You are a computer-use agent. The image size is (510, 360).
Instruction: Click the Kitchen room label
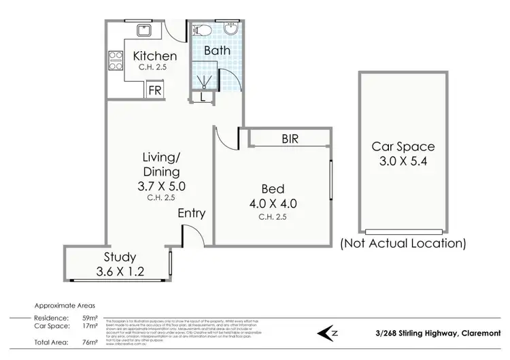point(154,56)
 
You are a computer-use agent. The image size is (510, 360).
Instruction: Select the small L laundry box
point(204,98)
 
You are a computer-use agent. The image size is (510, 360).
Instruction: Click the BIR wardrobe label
point(291,138)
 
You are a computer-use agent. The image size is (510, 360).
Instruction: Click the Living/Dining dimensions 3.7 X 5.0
point(163,184)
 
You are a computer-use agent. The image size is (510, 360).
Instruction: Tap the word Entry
point(191,214)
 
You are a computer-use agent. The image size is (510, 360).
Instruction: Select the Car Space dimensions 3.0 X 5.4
point(403,161)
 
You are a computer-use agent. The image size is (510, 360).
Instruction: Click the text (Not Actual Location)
point(403,243)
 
